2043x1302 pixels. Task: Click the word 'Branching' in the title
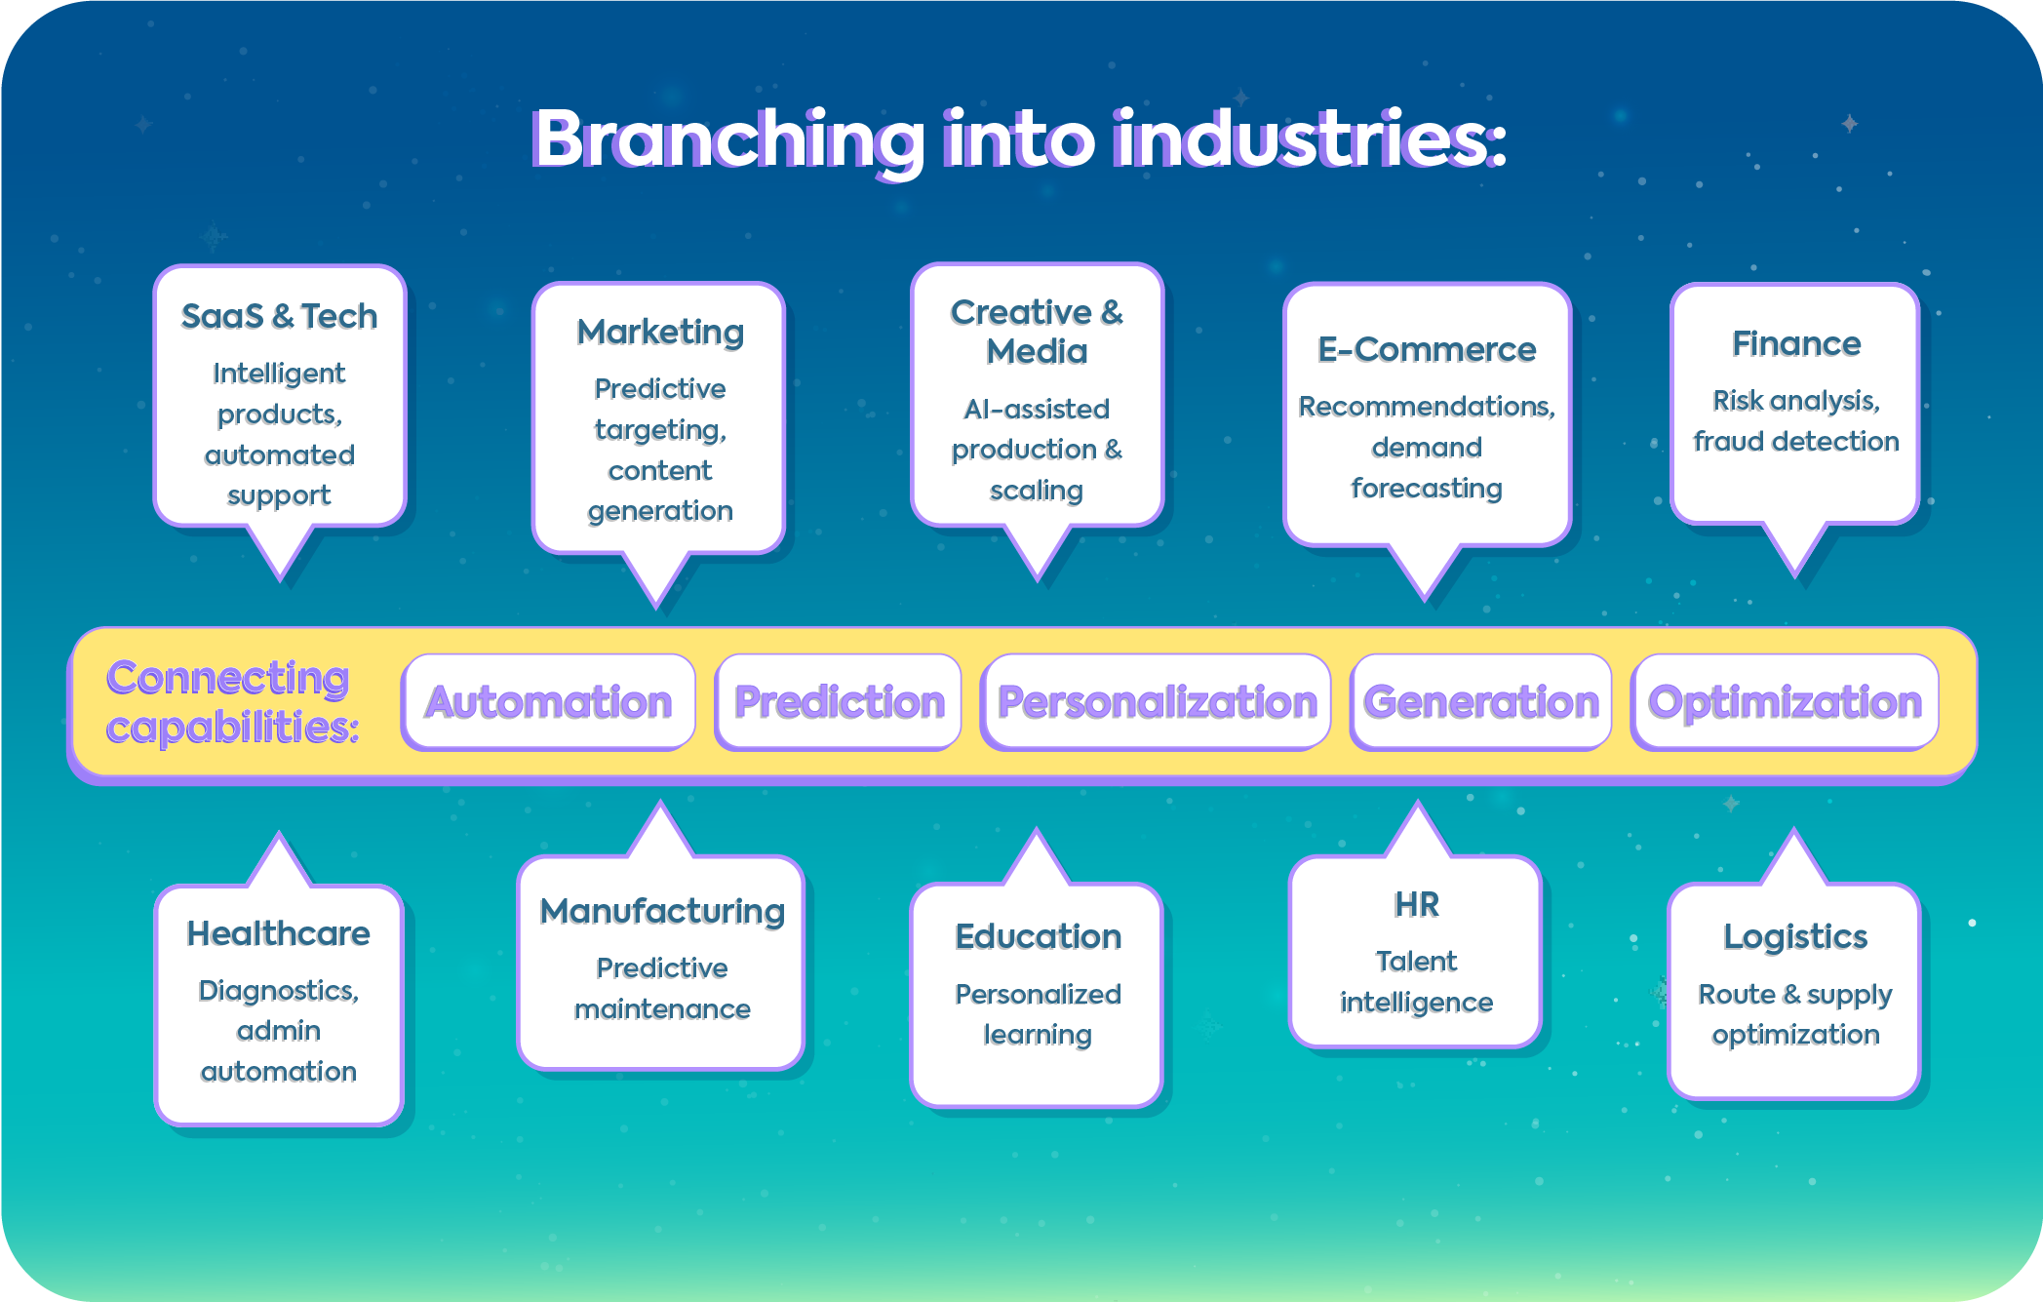[x=727, y=139]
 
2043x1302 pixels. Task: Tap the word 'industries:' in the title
[x=1309, y=139]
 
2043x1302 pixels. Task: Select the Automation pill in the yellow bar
[x=548, y=702]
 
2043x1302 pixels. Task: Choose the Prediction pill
[x=839, y=702]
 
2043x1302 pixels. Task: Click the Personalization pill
[x=1157, y=702]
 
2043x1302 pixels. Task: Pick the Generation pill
[x=1480, y=702]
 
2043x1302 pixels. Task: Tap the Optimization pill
[x=1785, y=702]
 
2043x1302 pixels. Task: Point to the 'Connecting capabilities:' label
[x=231, y=702]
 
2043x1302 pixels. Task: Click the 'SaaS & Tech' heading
[x=279, y=316]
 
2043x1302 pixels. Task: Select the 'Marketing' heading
[x=660, y=332]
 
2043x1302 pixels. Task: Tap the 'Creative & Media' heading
[x=1037, y=332]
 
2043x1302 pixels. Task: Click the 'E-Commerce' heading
[x=1426, y=349]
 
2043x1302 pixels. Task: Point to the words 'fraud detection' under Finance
[x=1795, y=442]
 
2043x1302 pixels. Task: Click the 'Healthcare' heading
[x=279, y=933]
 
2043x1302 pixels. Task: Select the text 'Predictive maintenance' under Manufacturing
[x=662, y=988]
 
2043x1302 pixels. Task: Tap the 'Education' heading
[x=1038, y=936]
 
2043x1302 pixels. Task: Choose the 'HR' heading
[x=1416, y=904]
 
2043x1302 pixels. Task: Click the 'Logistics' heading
[x=1794, y=936]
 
